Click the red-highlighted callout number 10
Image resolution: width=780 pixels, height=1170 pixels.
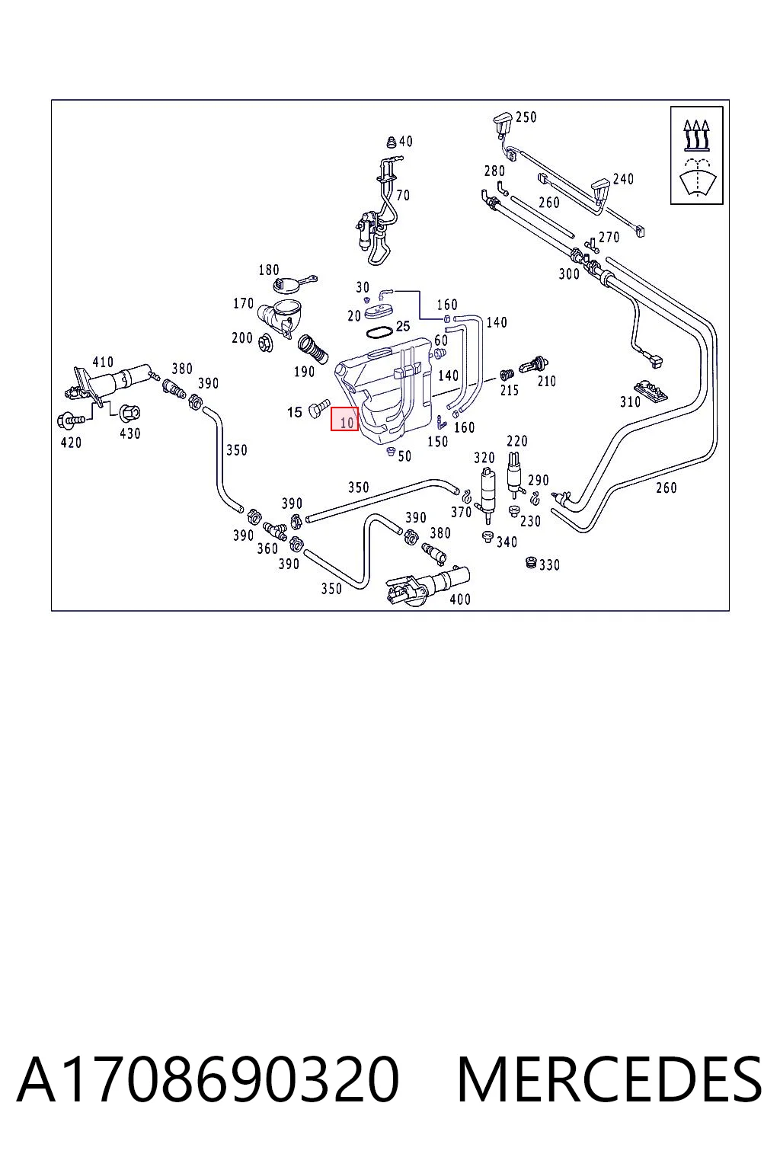click(347, 422)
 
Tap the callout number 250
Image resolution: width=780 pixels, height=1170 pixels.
click(526, 117)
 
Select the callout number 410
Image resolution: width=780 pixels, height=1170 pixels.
click(103, 362)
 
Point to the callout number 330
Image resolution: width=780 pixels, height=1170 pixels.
click(550, 564)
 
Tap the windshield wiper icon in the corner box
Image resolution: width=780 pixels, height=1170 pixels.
click(697, 176)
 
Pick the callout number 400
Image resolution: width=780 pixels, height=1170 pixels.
click(460, 599)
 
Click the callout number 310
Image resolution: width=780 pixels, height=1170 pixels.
click(630, 401)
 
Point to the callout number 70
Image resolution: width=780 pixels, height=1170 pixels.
click(403, 195)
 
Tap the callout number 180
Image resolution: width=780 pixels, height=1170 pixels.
click(269, 270)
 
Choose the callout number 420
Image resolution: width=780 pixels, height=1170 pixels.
click(71, 443)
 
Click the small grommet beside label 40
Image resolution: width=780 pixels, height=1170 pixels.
click(392, 142)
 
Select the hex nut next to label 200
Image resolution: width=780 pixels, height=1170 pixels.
click(264, 343)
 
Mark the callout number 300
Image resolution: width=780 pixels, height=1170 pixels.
click(569, 273)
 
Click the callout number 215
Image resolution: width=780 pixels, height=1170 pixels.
click(510, 390)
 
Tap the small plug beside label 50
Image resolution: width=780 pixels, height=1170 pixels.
click(390, 452)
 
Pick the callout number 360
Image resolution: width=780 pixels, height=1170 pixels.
click(267, 548)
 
